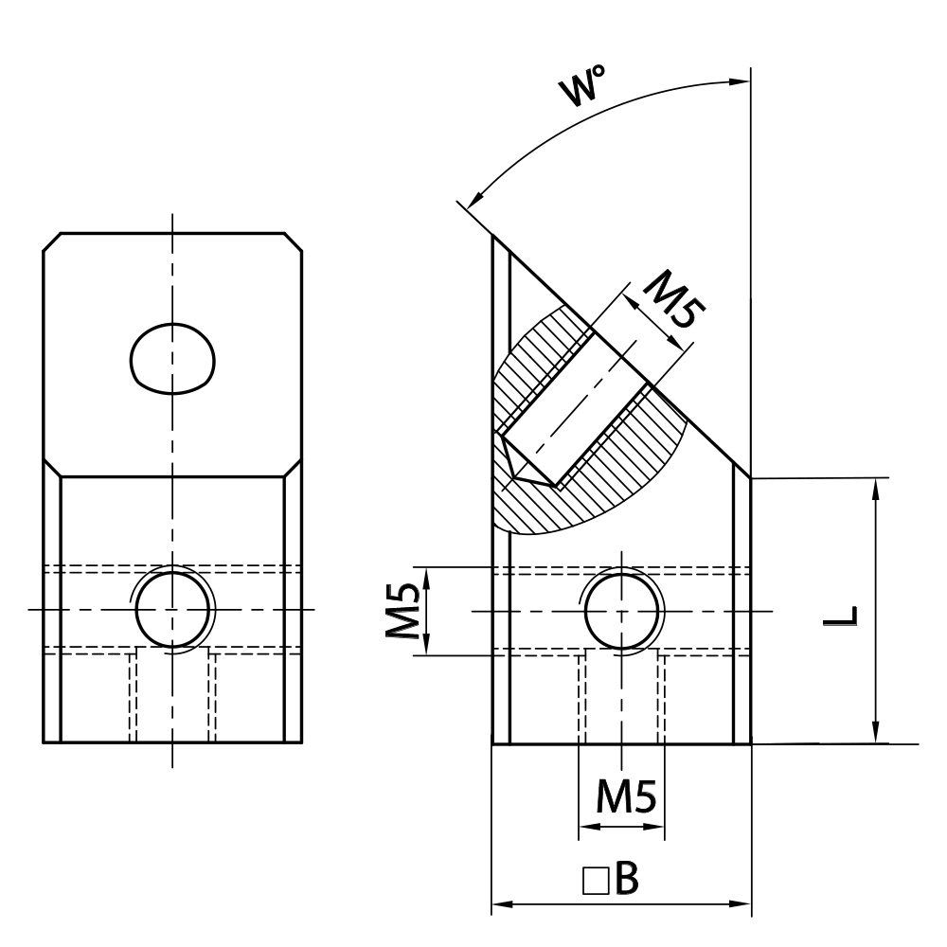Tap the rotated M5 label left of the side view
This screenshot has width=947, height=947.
(x=402, y=611)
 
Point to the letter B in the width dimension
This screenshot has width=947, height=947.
(x=626, y=880)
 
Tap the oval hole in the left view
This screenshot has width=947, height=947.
(x=172, y=359)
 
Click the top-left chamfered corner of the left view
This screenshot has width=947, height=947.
(x=51, y=241)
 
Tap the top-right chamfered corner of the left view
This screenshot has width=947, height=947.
(x=295, y=241)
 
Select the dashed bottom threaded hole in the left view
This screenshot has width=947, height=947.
(x=173, y=696)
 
